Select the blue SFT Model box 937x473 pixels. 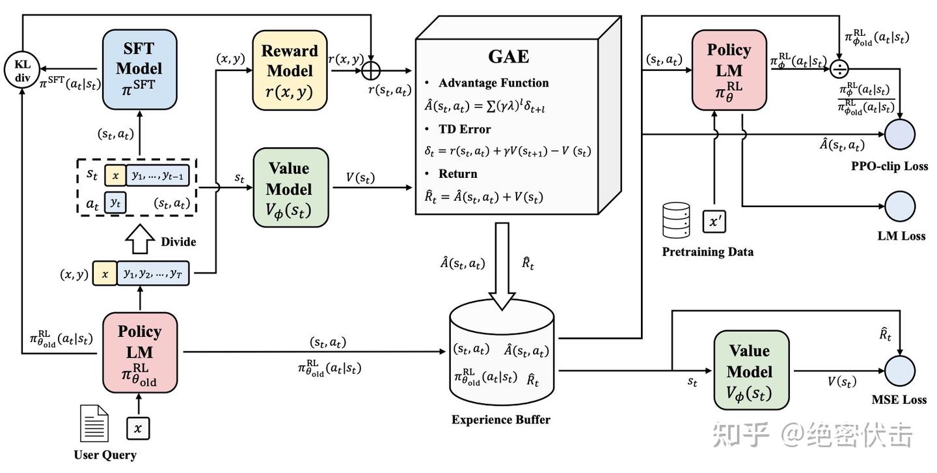(139, 68)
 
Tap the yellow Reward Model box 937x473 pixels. (289, 70)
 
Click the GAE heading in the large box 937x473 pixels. (508, 56)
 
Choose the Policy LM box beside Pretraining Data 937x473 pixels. (728, 68)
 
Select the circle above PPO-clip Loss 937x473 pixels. (900, 135)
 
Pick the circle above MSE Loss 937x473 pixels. (900, 371)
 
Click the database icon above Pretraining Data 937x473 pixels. (675, 220)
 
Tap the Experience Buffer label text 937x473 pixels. (500, 420)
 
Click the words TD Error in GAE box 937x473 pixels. (465, 129)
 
